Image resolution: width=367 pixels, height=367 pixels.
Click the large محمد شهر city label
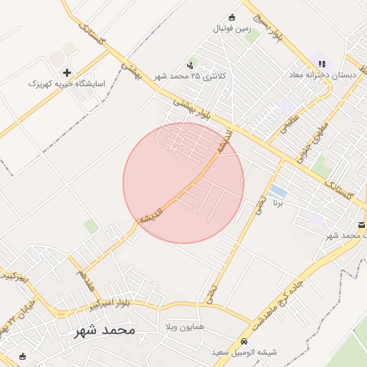coord(104,330)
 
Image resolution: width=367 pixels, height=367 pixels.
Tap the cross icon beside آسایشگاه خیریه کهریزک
coord(67,72)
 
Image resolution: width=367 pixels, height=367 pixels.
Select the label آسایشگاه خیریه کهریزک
coord(67,84)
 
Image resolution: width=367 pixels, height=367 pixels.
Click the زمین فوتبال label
coord(232,29)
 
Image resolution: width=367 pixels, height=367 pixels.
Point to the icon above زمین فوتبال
coord(232,17)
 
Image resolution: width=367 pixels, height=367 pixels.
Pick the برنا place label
coord(278,204)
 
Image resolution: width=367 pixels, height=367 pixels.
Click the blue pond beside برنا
coord(278,192)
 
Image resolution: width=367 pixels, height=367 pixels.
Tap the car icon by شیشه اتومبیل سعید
coord(244,341)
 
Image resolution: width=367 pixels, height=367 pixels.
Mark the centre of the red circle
coord(183,183)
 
